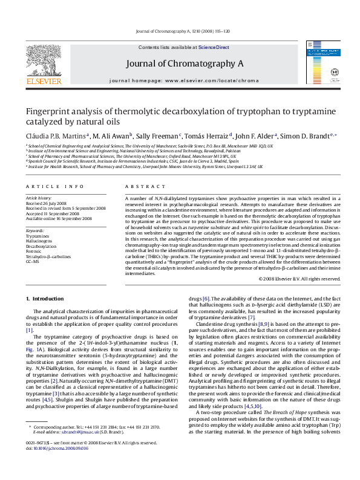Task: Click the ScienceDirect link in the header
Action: [214, 47]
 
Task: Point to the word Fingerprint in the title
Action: [48, 112]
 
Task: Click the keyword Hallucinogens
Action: [38, 241]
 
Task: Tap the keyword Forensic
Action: [34, 251]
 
